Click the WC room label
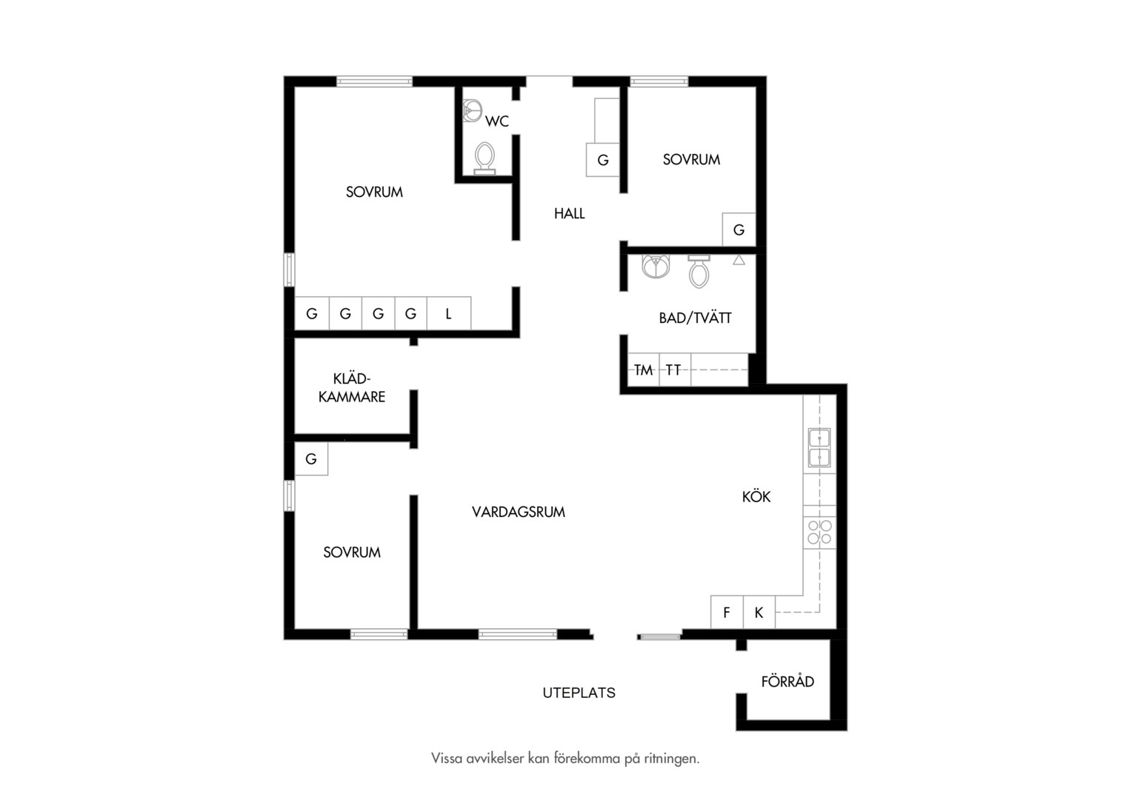[497, 121]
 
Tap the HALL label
[570, 214]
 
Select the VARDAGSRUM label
[519, 512]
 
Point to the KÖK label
[756, 496]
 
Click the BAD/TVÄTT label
[695, 317]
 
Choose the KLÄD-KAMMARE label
[352, 387]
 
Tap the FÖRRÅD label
[788, 681]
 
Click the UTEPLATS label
[579, 693]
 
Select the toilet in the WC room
[484, 159]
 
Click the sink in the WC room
[472, 110]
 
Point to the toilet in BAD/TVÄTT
[699, 271]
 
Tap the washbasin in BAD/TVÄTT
[656, 267]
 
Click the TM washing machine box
[643, 370]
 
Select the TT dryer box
[675, 370]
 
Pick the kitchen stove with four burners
[819, 532]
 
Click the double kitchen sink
[819, 447]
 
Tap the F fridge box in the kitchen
[727, 612]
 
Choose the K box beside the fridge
[759, 612]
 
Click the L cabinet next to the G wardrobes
[449, 313]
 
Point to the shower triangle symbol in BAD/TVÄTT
[739, 260]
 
